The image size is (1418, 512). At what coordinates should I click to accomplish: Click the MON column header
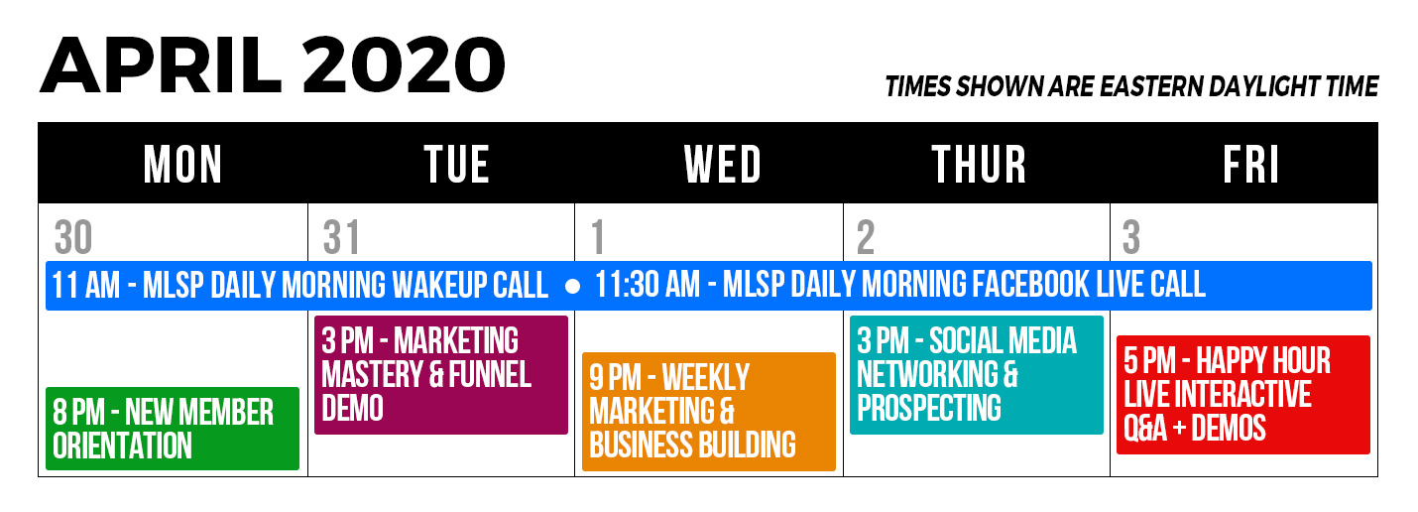(x=182, y=164)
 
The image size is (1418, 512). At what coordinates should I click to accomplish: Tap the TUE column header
(x=456, y=164)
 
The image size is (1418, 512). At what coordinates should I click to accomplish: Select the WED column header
(x=722, y=164)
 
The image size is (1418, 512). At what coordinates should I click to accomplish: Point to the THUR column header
(x=979, y=164)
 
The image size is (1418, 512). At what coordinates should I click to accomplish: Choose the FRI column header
(x=1250, y=164)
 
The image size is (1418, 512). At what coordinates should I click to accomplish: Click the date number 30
(x=73, y=237)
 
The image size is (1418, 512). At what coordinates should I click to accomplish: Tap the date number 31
(x=341, y=237)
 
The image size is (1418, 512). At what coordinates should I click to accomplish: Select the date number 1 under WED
(x=598, y=237)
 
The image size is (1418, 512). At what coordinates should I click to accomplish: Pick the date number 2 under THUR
(x=866, y=237)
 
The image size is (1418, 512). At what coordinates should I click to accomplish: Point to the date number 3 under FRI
(x=1131, y=237)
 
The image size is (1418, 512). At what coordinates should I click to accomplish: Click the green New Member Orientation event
(x=173, y=429)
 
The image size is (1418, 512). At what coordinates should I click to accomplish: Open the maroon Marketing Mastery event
(x=441, y=375)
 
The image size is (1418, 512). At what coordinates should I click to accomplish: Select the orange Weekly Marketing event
(x=709, y=412)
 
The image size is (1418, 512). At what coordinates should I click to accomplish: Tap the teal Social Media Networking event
(x=977, y=375)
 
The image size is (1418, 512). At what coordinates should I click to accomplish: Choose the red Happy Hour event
(x=1243, y=395)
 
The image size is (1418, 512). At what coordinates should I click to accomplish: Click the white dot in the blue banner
(x=572, y=287)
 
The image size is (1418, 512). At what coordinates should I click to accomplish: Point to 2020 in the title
(x=404, y=65)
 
